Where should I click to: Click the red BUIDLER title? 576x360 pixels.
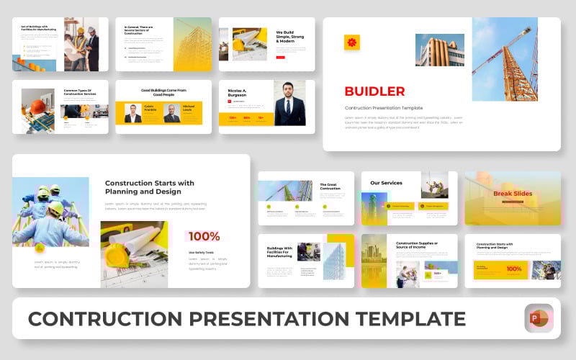(374, 91)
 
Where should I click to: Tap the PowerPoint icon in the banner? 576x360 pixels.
(539, 318)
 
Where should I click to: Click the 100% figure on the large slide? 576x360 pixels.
(204, 236)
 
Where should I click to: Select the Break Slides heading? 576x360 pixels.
(512, 193)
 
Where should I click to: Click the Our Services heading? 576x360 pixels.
(385, 183)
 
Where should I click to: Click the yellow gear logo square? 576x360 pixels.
(351, 42)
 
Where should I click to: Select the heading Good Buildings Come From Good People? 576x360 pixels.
(163, 92)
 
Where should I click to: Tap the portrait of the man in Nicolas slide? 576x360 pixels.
(289, 104)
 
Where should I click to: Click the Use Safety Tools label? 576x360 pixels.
(201, 253)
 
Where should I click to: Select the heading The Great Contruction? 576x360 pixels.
(330, 187)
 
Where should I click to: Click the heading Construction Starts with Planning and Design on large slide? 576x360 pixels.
(149, 187)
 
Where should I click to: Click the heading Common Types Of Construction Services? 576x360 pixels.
(79, 91)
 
